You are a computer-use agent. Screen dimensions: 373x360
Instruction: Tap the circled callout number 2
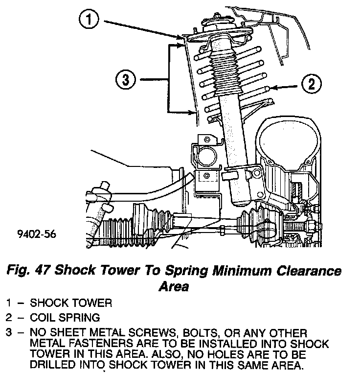[310, 84]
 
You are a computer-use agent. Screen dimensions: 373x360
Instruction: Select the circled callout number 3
[127, 80]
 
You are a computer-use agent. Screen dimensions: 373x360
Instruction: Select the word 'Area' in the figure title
[174, 286]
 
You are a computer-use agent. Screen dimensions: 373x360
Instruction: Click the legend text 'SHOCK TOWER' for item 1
[70, 303]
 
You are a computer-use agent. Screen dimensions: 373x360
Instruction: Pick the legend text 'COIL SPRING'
[65, 318]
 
